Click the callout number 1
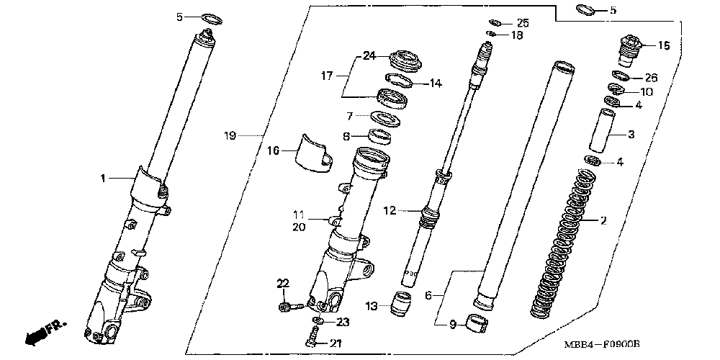point(103,177)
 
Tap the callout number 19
point(230,135)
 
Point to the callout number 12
point(390,211)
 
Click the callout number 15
point(663,45)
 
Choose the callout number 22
point(282,282)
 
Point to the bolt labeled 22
point(286,307)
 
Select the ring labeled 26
point(622,76)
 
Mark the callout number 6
point(428,295)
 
